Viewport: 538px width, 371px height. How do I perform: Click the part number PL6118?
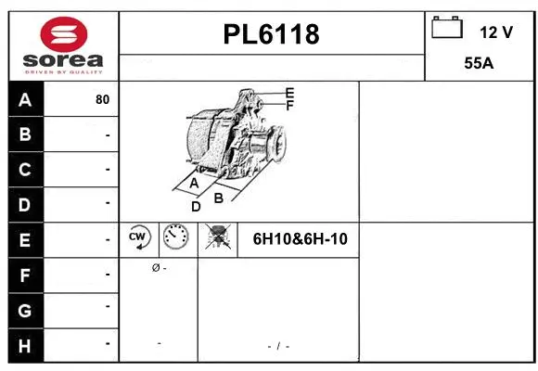pos(271,34)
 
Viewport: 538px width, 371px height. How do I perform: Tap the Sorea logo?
pos(63,45)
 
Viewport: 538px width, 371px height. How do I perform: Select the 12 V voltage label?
pos(496,32)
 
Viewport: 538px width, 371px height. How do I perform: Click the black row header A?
pos(25,100)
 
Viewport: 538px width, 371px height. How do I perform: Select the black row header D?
pos(25,203)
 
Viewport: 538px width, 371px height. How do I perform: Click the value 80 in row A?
pos(102,100)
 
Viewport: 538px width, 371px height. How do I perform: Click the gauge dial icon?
pos(174,238)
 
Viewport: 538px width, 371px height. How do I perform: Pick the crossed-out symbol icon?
pos(218,238)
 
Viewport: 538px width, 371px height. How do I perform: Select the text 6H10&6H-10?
pos(300,239)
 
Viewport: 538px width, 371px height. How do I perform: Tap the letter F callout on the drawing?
pos(289,106)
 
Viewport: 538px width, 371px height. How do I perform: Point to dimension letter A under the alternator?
pos(194,184)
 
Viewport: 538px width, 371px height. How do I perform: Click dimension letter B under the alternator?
pos(219,197)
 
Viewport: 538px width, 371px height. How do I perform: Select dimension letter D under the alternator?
pos(196,207)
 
